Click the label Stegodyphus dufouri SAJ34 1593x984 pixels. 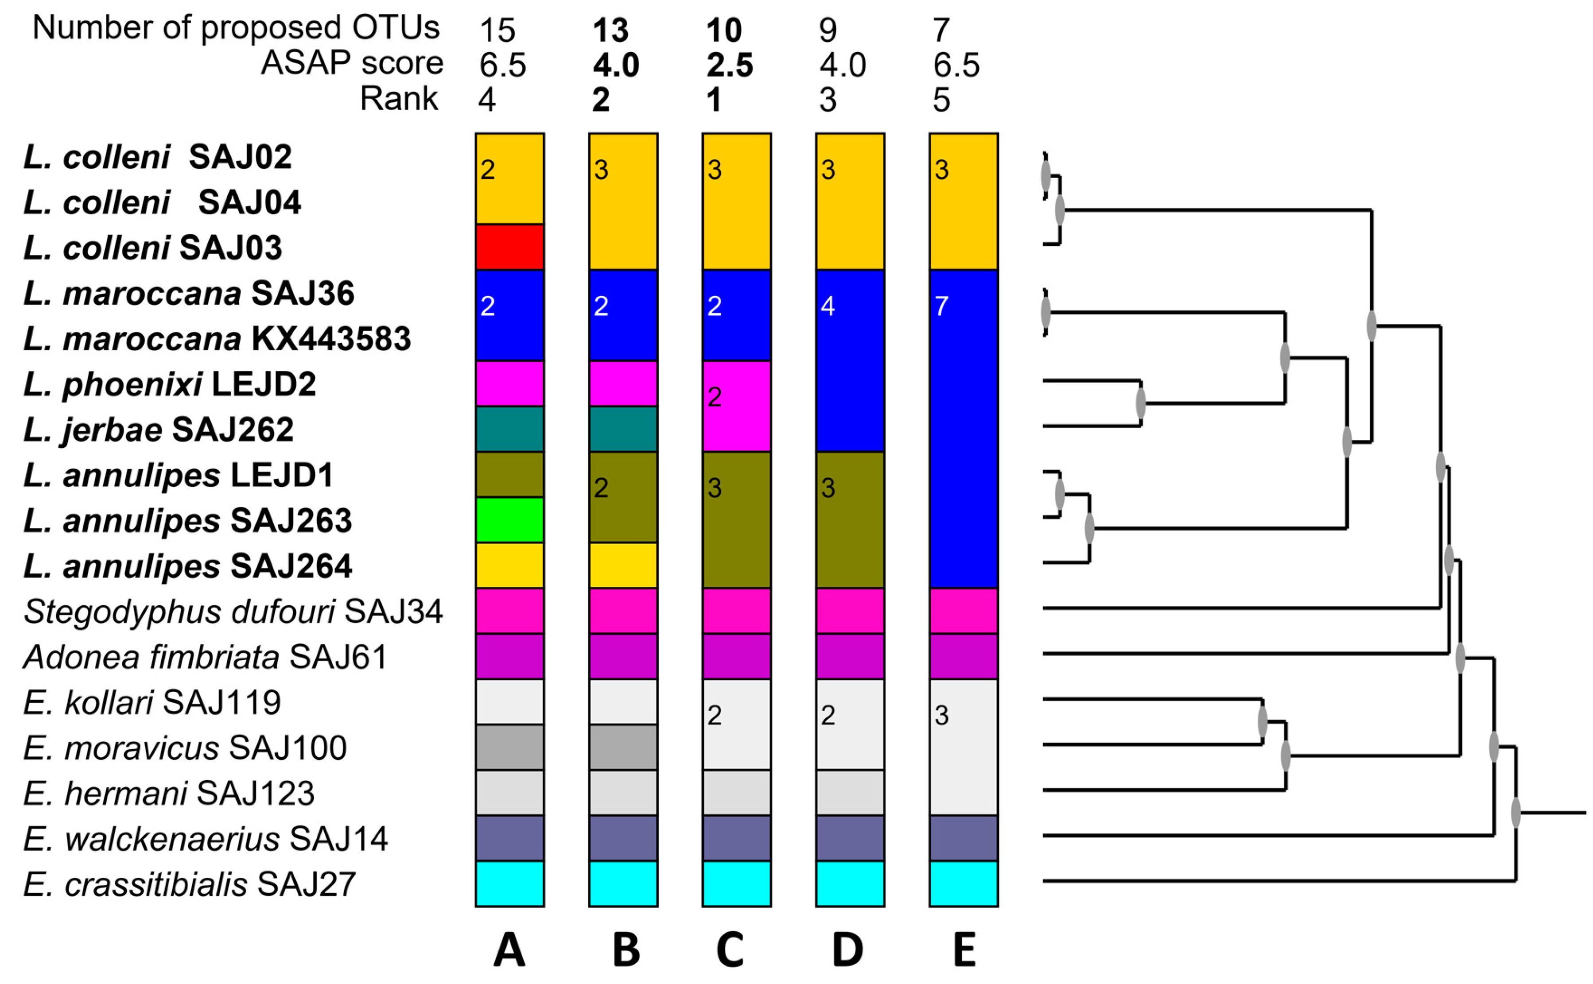click(233, 612)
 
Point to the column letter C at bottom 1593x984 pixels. click(730, 951)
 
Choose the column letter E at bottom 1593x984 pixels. click(964, 951)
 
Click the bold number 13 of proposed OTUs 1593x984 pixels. click(610, 30)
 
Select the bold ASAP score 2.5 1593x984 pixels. click(730, 65)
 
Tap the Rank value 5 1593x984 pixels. click(941, 100)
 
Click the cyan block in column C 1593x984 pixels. click(736, 884)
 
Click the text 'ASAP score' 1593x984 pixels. click(352, 63)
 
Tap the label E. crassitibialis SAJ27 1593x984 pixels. click(190, 884)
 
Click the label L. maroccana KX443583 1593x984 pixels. click(217, 339)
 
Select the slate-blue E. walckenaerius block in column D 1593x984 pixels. click(850, 838)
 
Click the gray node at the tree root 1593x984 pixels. click(1515, 813)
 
